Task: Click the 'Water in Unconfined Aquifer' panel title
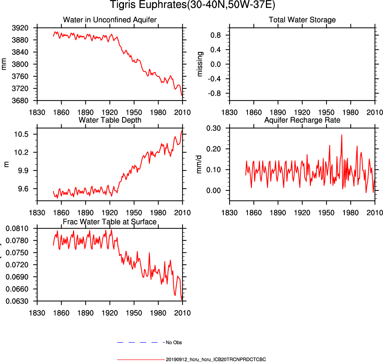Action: [110, 20]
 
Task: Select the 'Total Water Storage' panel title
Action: [302, 20]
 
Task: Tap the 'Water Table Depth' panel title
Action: [110, 120]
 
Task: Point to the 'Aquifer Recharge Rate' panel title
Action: [302, 120]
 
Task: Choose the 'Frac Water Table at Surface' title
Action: [110, 222]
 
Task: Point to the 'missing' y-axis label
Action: [200, 64]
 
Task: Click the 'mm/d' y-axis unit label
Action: [200, 164]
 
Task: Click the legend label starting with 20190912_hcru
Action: [216, 359]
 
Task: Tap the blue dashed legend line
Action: [141, 342]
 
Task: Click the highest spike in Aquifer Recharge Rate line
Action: [342, 135]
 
